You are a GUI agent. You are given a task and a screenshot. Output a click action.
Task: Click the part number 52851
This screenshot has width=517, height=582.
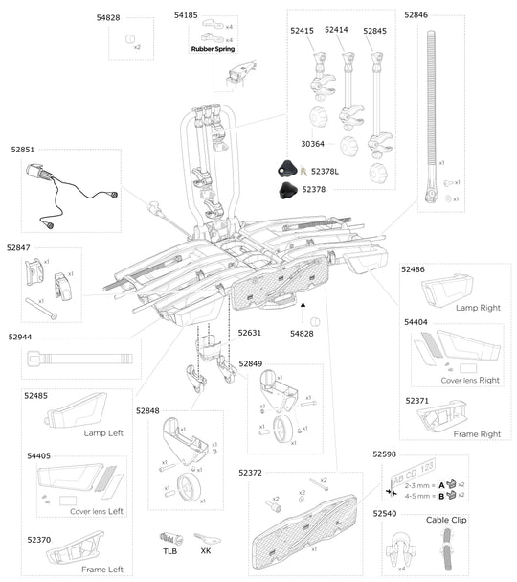(x=23, y=150)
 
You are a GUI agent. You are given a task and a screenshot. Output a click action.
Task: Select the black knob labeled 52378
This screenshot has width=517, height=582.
(x=284, y=191)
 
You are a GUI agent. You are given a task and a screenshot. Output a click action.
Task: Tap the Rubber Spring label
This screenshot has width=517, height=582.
(x=212, y=48)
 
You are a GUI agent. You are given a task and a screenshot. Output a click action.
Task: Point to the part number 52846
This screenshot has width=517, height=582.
(x=416, y=15)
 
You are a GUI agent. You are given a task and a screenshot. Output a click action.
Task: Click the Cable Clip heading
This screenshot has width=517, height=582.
(x=447, y=519)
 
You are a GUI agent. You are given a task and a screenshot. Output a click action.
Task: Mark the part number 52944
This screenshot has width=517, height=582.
(x=21, y=337)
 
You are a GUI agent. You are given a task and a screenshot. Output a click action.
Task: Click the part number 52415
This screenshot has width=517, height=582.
(x=302, y=31)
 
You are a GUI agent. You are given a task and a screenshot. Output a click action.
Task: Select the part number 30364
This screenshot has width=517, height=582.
(x=312, y=144)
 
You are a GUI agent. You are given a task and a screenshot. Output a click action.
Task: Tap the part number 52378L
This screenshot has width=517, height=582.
(x=326, y=171)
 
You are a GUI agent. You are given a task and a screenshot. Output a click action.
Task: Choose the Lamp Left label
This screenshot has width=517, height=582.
(x=103, y=432)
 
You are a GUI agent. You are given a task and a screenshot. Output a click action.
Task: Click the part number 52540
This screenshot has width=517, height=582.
(x=386, y=515)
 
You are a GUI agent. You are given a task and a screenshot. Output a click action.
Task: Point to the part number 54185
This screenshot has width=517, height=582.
(x=186, y=15)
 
